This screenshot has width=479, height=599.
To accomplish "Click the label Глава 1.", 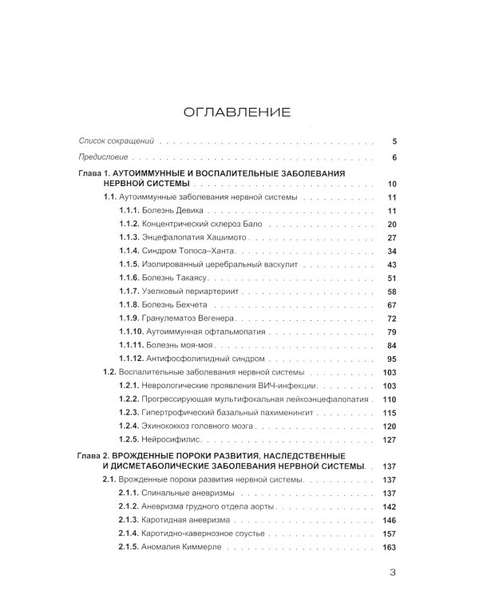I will (x=96, y=172).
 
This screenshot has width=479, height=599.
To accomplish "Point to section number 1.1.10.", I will (x=130, y=331).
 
